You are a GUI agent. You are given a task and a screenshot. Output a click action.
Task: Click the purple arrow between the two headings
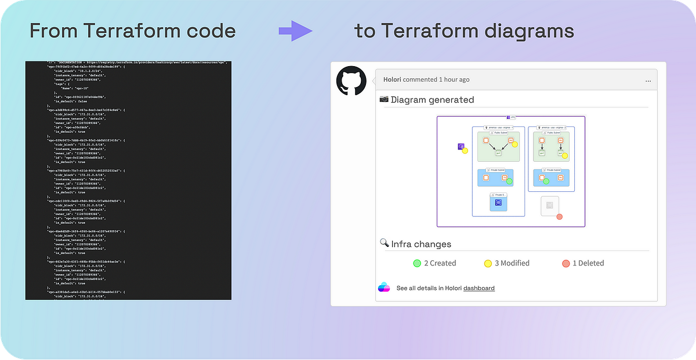(x=295, y=31)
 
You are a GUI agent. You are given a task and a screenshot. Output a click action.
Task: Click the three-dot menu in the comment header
(x=648, y=80)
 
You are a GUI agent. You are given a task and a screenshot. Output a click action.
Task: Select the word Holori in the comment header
(x=393, y=79)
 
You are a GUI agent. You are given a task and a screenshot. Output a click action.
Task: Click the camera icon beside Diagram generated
(x=384, y=99)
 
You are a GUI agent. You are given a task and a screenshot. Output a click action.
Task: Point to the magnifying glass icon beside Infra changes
(x=384, y=243)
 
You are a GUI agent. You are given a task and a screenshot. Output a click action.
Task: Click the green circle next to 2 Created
(x=416, y=263)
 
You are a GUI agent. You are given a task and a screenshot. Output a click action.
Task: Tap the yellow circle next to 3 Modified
(x=488, y=263)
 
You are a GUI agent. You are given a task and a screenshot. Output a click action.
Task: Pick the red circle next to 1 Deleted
(x=566, y=263)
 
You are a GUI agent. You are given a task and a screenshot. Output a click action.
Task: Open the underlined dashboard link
(x=479, y=288)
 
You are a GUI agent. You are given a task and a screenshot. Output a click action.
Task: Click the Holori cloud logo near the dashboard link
(x=384, y=287)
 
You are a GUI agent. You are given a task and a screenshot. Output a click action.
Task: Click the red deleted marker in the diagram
(x=560, y=217)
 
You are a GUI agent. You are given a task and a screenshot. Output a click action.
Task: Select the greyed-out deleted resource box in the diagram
(x=549, y=205)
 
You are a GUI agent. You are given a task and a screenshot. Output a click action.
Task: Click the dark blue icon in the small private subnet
(x=498, y=202)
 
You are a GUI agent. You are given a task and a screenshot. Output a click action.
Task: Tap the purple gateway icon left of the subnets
(x=461, y=147)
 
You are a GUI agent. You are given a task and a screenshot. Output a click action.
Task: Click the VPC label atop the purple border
(x=511, y=117)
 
